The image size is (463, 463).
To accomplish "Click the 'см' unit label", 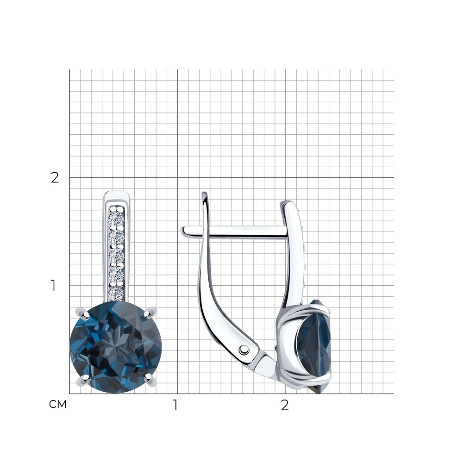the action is (58, 404).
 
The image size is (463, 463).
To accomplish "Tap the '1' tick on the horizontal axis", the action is (175, 405).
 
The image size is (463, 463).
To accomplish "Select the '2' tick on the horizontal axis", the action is (285, 405).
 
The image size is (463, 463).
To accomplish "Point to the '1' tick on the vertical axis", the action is (53, 286).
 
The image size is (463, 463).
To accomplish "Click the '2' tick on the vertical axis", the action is (55, 177).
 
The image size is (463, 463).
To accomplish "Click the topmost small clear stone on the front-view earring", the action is (117, 219).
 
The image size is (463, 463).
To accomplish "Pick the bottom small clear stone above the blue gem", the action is (116, 293).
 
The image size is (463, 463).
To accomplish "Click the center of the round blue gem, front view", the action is (116, 347).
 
